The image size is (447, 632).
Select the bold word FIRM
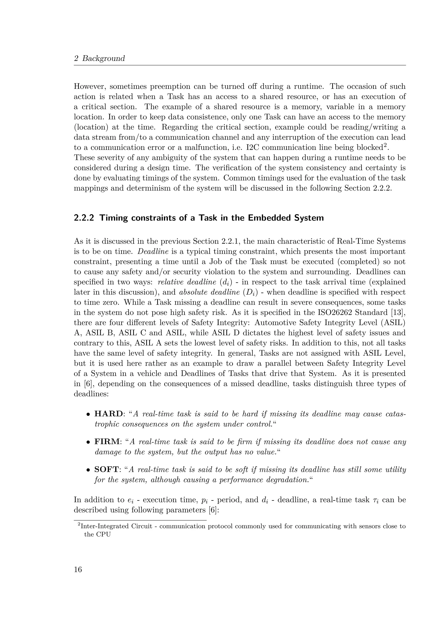click(x=107, y=442)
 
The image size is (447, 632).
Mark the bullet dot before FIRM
click(x=88, y=442)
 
